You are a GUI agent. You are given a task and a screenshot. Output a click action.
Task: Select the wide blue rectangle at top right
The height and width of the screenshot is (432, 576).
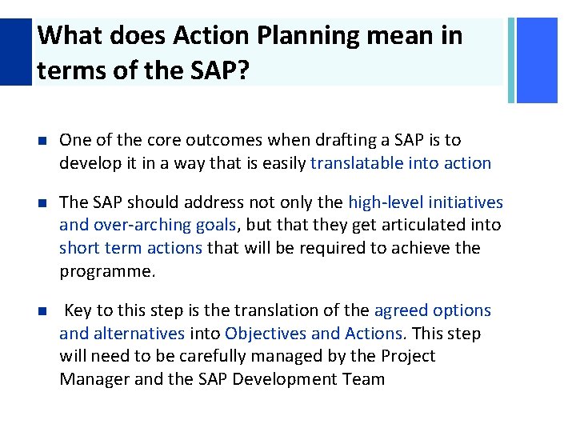[x=538, y=60]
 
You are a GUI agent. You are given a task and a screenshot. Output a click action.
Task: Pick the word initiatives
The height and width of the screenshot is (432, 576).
[x=467, y=202]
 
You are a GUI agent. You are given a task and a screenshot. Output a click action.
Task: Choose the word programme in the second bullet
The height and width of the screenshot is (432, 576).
[x=105, y=271]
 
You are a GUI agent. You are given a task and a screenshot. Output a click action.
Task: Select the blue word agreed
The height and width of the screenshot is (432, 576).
[x=400, y=310]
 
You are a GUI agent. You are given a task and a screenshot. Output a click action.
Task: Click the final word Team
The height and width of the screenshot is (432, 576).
[x=365, y=378]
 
